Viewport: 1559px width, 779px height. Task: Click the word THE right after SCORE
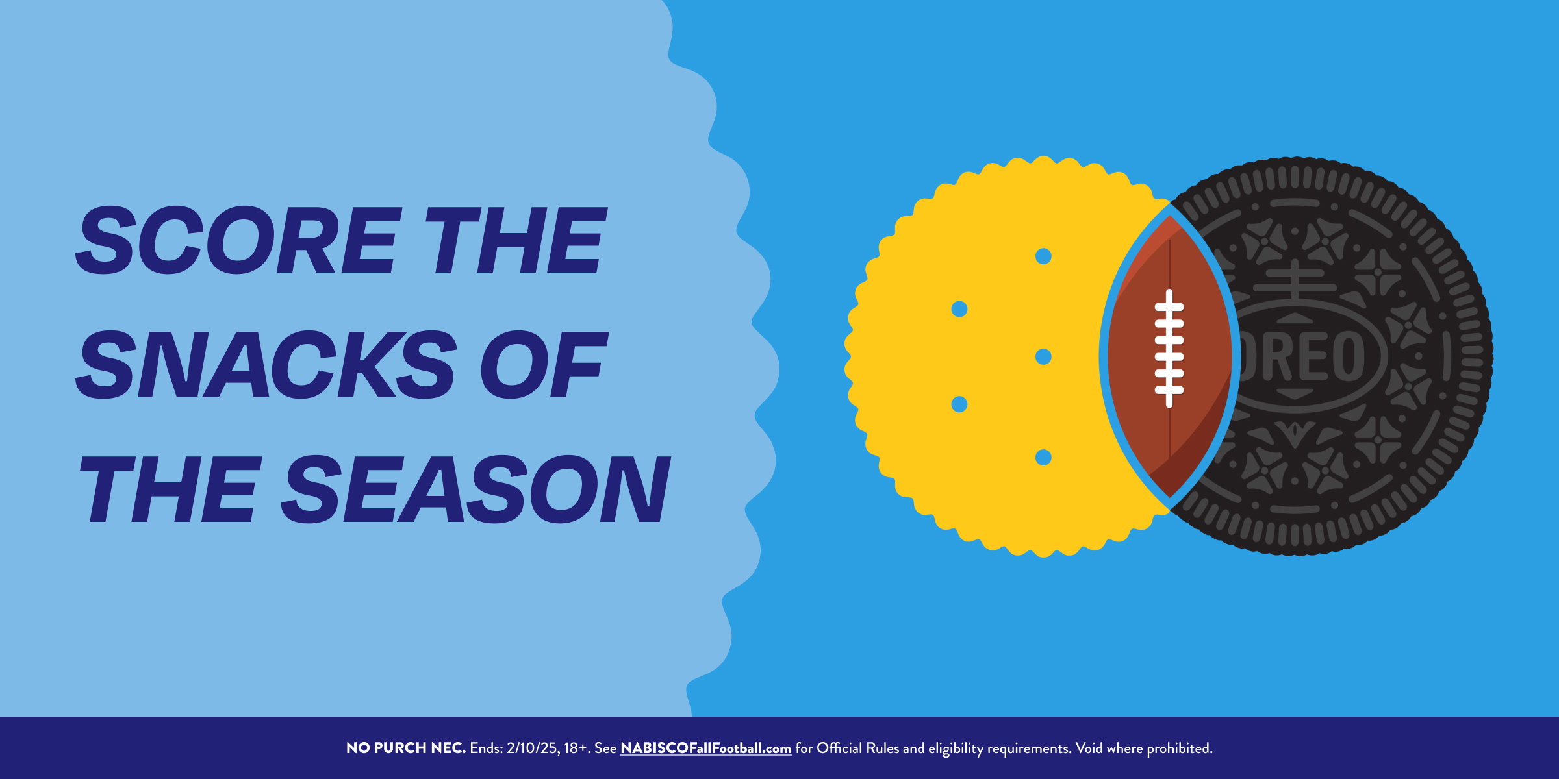coord(516,240)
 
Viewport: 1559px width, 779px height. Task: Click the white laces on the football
coord(1169,349)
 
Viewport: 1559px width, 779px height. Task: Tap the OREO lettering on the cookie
coord(1302,356)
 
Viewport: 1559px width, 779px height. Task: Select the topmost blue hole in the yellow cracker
coord(1043,256)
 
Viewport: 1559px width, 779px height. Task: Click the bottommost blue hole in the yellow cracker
coord(1043,458)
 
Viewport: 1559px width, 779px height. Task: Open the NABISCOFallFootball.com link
coord(706,748)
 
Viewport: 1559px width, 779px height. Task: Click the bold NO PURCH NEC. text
coord(406,748)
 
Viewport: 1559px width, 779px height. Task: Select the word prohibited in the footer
coord(1180,748)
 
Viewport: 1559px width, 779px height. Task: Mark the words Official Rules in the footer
coord(858,748)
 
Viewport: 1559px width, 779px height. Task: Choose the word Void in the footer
coord(1089,748)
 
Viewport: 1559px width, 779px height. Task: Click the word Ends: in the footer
coord(487,748)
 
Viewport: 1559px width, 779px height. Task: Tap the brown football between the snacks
coord(1169,356)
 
